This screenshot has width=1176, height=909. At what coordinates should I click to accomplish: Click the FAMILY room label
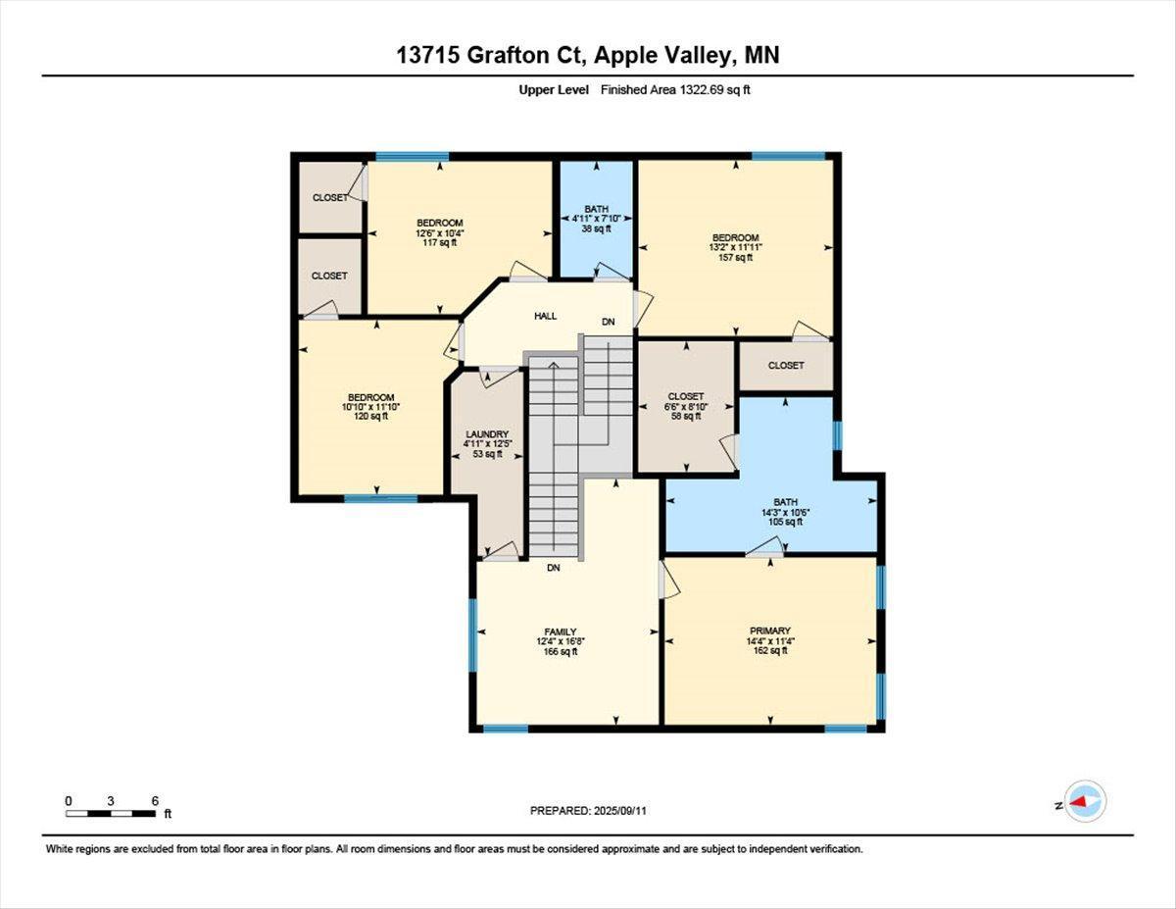coord(561,631)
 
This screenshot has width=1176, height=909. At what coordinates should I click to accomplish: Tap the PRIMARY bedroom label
coord(769,631)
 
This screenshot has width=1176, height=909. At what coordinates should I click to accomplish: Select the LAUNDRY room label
coord(487,434)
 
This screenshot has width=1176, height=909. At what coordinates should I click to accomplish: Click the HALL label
coord(545,316)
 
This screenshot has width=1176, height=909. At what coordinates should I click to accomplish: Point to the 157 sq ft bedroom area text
coord(735,258)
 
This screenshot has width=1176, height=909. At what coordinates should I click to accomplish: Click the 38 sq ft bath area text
coord(595,228)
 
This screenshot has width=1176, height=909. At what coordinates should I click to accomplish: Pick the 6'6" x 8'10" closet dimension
coord(686,406)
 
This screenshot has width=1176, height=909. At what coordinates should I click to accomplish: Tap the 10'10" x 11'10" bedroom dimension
coord(370,406)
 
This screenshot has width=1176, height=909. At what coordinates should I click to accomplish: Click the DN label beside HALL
coord(609,322)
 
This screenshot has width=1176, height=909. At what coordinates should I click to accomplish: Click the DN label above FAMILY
coord(554,568)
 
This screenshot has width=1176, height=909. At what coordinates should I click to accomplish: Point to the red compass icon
coord(1084,801)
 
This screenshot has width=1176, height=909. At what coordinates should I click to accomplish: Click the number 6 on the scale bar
coord(155,800)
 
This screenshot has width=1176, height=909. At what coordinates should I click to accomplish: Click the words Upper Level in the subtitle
coord(554,90)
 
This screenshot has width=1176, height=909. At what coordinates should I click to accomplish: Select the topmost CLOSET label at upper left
coord(329,197)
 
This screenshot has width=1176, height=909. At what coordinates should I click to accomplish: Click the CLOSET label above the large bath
coord(785,366)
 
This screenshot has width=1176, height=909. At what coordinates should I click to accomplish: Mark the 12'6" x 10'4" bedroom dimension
coord(439,232)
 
